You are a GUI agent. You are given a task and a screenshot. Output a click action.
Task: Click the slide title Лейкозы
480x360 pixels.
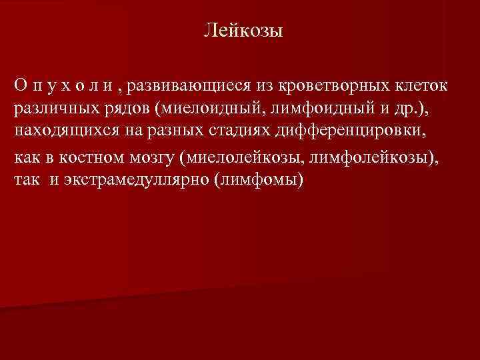point(243,31)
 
